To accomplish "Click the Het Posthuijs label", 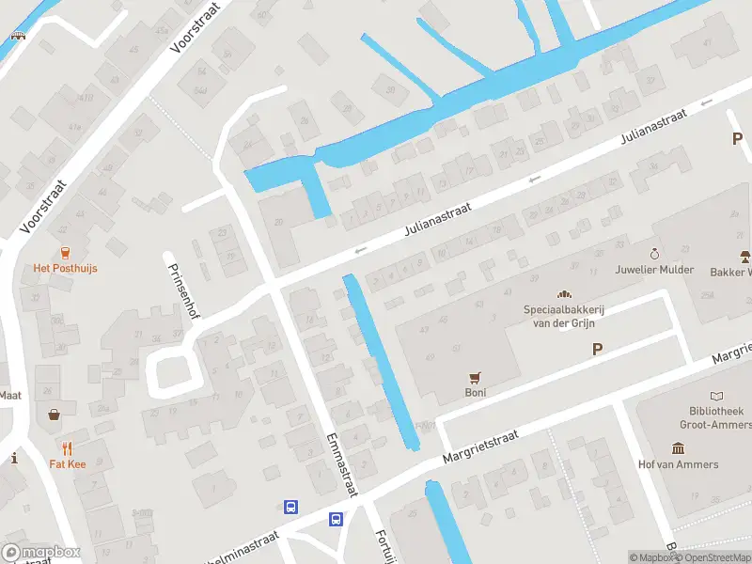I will point(65,268).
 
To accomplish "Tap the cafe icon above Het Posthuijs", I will point(65,252).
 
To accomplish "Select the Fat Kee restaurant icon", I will point(67,447).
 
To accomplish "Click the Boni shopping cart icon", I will point(476,378).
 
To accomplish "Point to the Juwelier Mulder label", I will point(654,270).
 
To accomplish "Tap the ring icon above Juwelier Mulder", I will point(654,254).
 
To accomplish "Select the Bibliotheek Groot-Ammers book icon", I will point(718,397).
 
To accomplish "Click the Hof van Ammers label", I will point(678,464).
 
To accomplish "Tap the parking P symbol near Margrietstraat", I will point(596,350).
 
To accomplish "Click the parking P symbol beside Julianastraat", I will point(738,139).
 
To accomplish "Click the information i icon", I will point(14,458).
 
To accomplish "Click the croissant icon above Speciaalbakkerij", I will point(565,294).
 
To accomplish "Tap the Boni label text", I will point(476,393).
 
